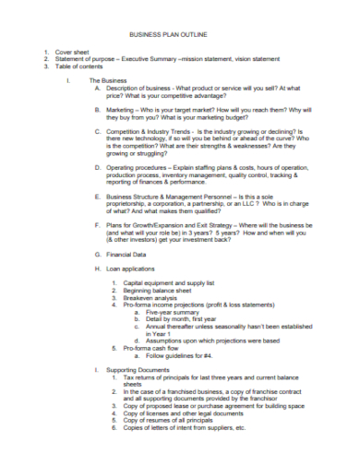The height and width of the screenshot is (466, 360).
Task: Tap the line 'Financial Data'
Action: click(126, 254)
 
